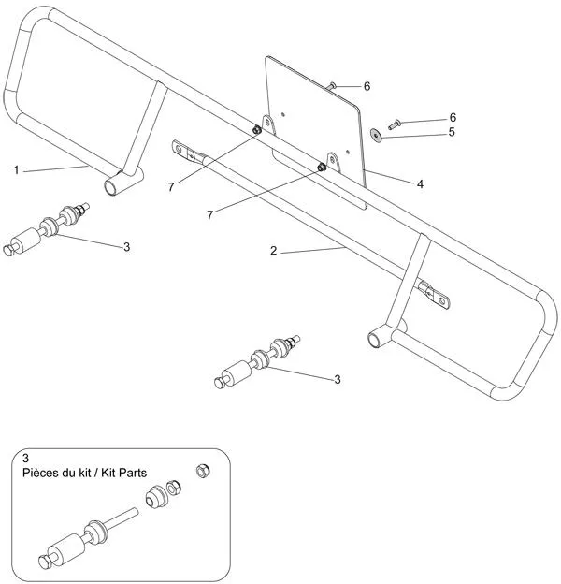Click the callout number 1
coord(16,169)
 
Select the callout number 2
coord(273,251)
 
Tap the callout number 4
coord(421,184)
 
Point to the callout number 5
coord(452,133)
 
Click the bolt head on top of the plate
coord(332,85)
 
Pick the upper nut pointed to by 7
coord(255,131)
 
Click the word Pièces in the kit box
coord(44,474)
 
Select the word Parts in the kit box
coord(131,474)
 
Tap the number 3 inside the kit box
coord(24,459)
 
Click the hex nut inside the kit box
coord(200,470)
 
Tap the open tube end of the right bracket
coord(375,339)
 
